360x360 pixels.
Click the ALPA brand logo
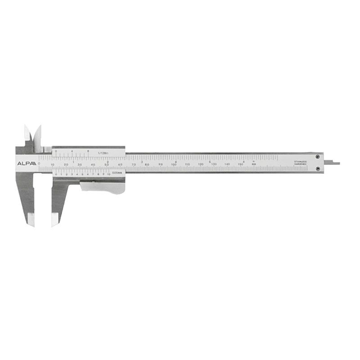pos(26,163)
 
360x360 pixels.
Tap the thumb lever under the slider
pos(103,186)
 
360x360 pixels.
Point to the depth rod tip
pos(337,163)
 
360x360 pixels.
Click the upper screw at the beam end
pos(318,157)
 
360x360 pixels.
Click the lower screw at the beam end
pos(318,169)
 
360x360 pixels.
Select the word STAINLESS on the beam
pos(300,161)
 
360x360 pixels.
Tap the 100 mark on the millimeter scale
pos(174,165)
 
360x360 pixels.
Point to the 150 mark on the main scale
pos(241,165)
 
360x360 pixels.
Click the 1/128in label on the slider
pos(103,153)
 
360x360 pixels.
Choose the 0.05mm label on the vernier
pos(117,173)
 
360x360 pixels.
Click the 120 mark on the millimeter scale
pos(201,165)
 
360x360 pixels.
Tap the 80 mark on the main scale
pos(147,165)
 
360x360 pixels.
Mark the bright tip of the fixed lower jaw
pos(31,220)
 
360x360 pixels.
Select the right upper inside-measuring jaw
pos(37,135)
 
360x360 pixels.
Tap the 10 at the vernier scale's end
pos(108,174)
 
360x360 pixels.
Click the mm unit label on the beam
pos(254,165)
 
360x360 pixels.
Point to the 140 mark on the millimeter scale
pos(227,165)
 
